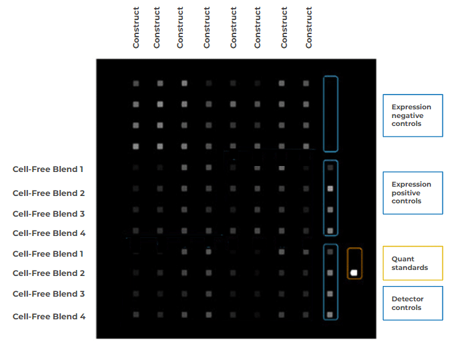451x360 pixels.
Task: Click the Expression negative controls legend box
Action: tap(412, 115)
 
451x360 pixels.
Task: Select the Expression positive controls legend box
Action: tap(412, 193)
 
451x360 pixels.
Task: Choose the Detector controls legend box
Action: tap(412, 303)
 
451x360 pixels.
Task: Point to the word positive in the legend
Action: tap(406, 193)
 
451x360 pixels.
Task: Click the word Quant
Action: tap(403, 259)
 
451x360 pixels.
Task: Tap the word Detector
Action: tap(406, 299)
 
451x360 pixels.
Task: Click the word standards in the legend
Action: tap(410, 267)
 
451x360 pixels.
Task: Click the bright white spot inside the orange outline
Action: tap(354, 272)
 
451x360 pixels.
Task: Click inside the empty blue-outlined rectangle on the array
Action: tap(330, 113)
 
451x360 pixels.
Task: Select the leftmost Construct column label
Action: tap(136, 27)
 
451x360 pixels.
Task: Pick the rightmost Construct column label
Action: tap(309, 27)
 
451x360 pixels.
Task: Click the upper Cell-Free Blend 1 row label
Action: tap(48, 169)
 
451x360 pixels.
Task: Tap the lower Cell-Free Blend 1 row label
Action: tap(48, 254)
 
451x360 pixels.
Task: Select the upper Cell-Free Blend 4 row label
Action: tap(49, 233)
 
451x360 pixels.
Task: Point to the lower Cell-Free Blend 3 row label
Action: tap(49, 294)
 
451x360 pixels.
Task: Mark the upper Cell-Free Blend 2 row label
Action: tap(49, 193)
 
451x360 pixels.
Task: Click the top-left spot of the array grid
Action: tap(135, 83)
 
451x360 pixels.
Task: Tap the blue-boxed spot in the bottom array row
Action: tap(330, 314)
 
